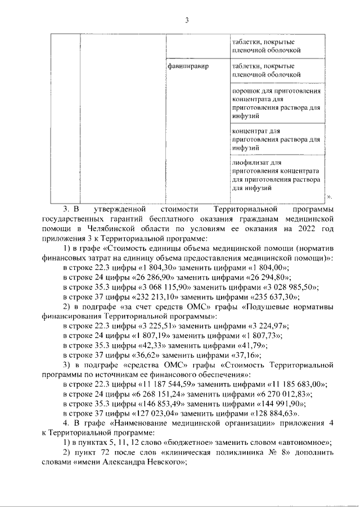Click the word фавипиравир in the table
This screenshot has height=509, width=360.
click(188, 66)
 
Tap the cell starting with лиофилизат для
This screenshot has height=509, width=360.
click(276, 175)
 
